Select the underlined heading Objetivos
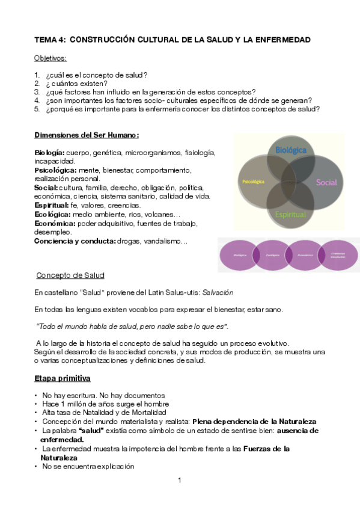50,58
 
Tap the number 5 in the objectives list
37,109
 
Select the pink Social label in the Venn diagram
326,182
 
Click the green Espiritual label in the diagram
290,214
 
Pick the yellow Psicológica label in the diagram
253,181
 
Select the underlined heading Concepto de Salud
70,275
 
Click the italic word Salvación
216,292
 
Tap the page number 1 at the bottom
180,481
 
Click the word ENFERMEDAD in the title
281,40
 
